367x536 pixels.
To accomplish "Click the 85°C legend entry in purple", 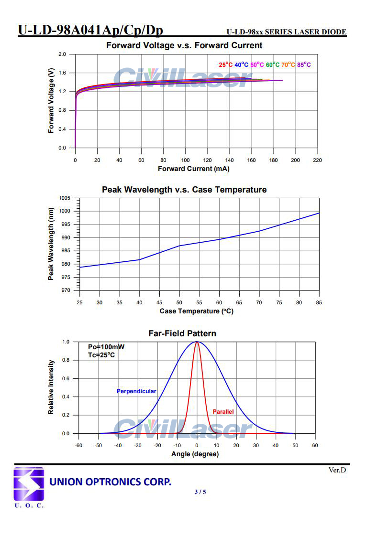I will click(x=304, y=64).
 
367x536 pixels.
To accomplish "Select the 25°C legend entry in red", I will click(x=226, y=64).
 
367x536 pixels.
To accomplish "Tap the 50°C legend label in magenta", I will click(x=257, y=64).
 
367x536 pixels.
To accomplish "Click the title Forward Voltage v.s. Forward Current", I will click(x=184, y=46).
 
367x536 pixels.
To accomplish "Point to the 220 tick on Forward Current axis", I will click(x=318, y=161).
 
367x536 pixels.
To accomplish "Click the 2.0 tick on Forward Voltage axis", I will click(x=63, y=54).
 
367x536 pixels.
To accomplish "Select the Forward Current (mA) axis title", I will click(x=193, y=169).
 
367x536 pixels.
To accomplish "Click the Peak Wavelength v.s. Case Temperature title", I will click(x=184, y=190).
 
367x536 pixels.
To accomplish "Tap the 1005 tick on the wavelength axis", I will click(x=64, y=198).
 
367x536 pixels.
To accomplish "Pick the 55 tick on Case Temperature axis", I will click(x=200, y=302).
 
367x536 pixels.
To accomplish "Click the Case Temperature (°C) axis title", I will click(x=197, y=311).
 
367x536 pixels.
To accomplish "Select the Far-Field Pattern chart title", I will click(x=182, y=333).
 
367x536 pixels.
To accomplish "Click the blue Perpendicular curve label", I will click(x=136, y=391).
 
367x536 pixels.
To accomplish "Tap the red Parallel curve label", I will click(x=223, y=411).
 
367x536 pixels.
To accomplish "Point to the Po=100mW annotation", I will click(x=106, y=347).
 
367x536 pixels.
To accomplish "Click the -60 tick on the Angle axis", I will click(x=78, y=445).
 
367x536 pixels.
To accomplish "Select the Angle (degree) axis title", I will click(x=195, y=454).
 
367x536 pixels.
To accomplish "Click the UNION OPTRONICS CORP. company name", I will click(x=111, y=482).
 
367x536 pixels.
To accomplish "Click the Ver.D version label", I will click(x=337, y=470).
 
